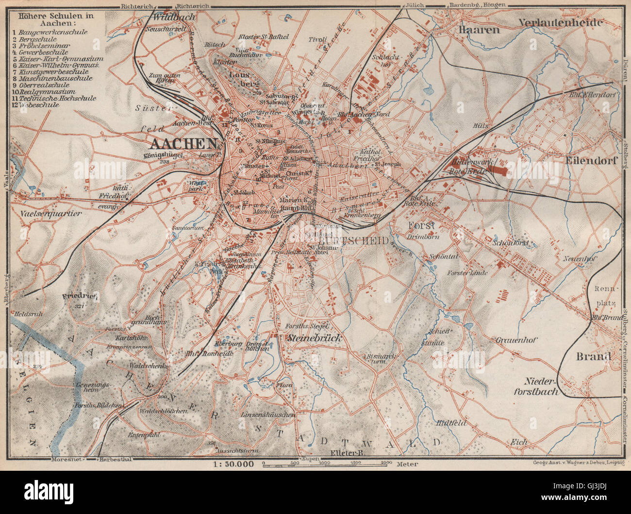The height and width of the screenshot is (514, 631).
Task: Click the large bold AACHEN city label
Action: (184, 143)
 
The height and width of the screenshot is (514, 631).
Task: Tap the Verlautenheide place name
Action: (560, 22)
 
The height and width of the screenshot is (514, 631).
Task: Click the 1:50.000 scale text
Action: (233, 463)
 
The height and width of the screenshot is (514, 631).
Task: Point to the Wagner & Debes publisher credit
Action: (573, 463)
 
